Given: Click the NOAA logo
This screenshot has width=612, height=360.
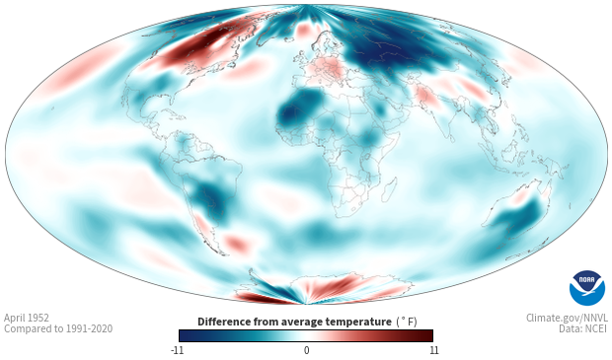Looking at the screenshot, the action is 587,288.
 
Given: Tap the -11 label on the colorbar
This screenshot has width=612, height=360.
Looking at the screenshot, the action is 178,350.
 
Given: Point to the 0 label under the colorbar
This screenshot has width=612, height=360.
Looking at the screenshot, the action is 306,350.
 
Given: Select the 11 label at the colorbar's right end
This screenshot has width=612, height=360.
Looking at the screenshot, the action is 434,350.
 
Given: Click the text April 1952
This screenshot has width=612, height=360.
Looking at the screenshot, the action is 27,318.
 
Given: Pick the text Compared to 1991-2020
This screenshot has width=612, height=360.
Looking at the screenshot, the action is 58,328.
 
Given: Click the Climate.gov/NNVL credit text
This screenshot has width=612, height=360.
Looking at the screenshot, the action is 567,318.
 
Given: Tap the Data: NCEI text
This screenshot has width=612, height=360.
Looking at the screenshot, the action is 583,328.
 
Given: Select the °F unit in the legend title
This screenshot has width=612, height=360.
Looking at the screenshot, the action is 407,322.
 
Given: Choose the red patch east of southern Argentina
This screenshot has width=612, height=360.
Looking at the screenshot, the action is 237,244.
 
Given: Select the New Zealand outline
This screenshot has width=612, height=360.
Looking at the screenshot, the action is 524,251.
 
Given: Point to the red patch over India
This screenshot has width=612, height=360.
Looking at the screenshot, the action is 424,97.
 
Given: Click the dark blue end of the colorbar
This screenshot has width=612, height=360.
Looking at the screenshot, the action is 188,335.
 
